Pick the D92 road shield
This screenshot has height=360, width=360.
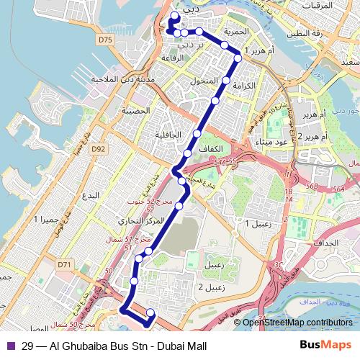pos(99,149)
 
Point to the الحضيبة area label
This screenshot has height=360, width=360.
pos(135,110)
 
